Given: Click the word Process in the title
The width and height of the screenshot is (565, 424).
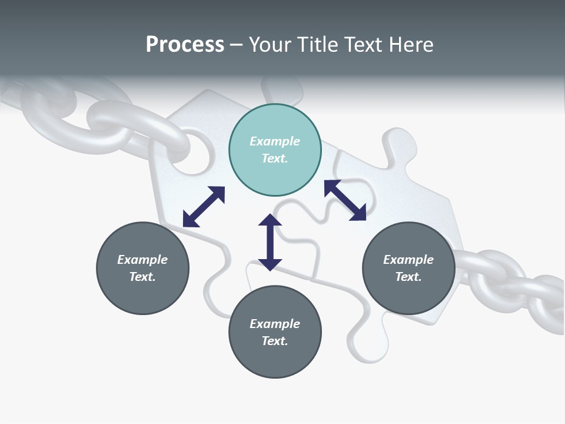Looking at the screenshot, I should [185, 44].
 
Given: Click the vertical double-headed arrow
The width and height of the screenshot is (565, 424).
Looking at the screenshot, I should [270, 242].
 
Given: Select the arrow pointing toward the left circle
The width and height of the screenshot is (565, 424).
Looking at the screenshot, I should [204, 207].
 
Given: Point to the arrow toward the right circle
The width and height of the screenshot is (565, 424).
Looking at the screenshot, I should [345, 200].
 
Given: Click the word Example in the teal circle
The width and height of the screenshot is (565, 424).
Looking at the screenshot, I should [275, 141].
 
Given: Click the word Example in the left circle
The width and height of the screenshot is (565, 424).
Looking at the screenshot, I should [142, 260].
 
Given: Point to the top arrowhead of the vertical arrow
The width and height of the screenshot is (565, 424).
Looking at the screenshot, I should [270, 220].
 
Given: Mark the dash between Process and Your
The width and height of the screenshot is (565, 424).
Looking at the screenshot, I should [237, 45].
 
